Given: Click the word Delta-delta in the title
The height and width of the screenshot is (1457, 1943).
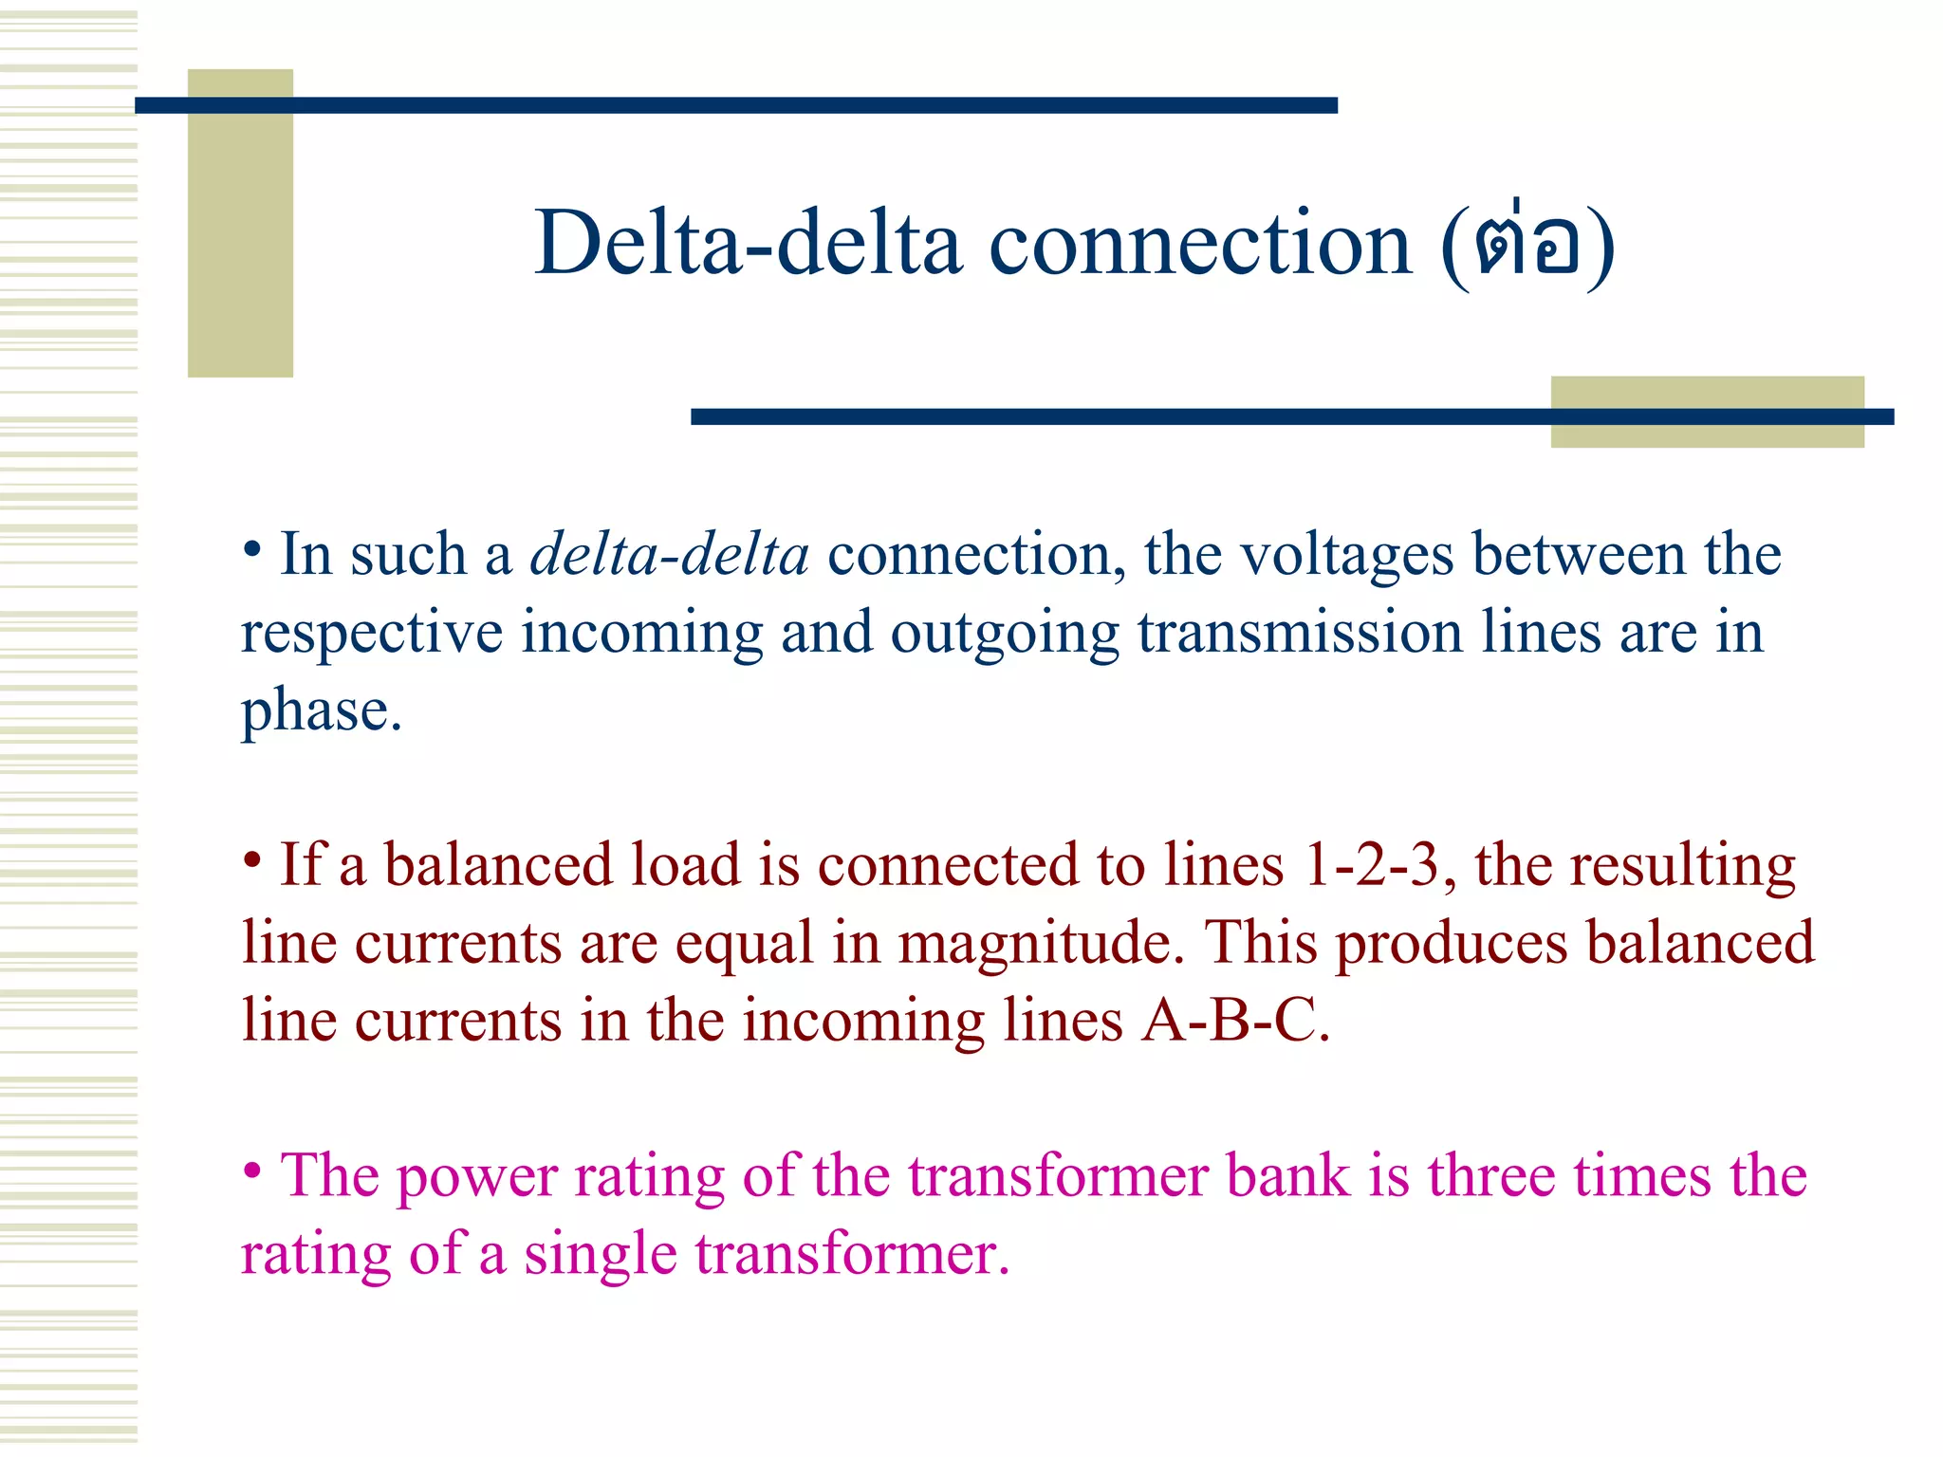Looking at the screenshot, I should [749, 244].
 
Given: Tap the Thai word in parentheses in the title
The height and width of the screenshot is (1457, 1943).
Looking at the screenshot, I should [1527, 246].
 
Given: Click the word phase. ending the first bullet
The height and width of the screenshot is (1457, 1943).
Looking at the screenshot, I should [322, 710].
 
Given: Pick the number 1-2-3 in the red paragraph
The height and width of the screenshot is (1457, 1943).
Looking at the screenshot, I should [1371, 865].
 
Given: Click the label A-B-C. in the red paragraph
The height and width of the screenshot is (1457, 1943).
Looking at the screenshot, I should [1235, 1021].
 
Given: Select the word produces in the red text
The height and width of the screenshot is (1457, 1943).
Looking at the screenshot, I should [1452, 943].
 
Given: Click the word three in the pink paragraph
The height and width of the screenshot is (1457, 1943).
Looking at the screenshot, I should [1491, 1175].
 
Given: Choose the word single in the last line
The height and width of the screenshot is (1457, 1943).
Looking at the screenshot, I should [600, 1254].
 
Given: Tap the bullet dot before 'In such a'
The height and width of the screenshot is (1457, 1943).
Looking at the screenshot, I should [251, 549].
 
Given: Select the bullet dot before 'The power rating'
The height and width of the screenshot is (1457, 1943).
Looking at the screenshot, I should [251, 1171].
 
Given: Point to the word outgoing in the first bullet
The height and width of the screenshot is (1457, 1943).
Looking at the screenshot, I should [1005, 634].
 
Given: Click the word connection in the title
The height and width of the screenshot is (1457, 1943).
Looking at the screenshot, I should [1200, 244].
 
